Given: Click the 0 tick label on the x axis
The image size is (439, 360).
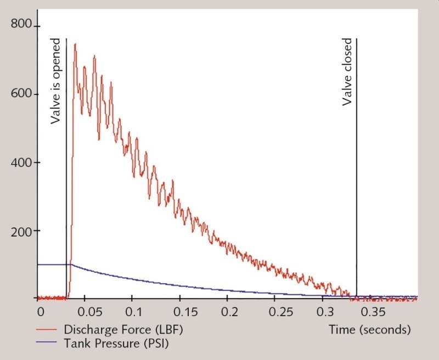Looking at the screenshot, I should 39,312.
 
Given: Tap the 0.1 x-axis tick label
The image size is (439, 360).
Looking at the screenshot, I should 133,312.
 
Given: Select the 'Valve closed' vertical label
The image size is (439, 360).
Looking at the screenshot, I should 347,72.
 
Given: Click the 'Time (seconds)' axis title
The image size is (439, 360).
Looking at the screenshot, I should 370,330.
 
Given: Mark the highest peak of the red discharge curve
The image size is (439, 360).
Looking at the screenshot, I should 75,44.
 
